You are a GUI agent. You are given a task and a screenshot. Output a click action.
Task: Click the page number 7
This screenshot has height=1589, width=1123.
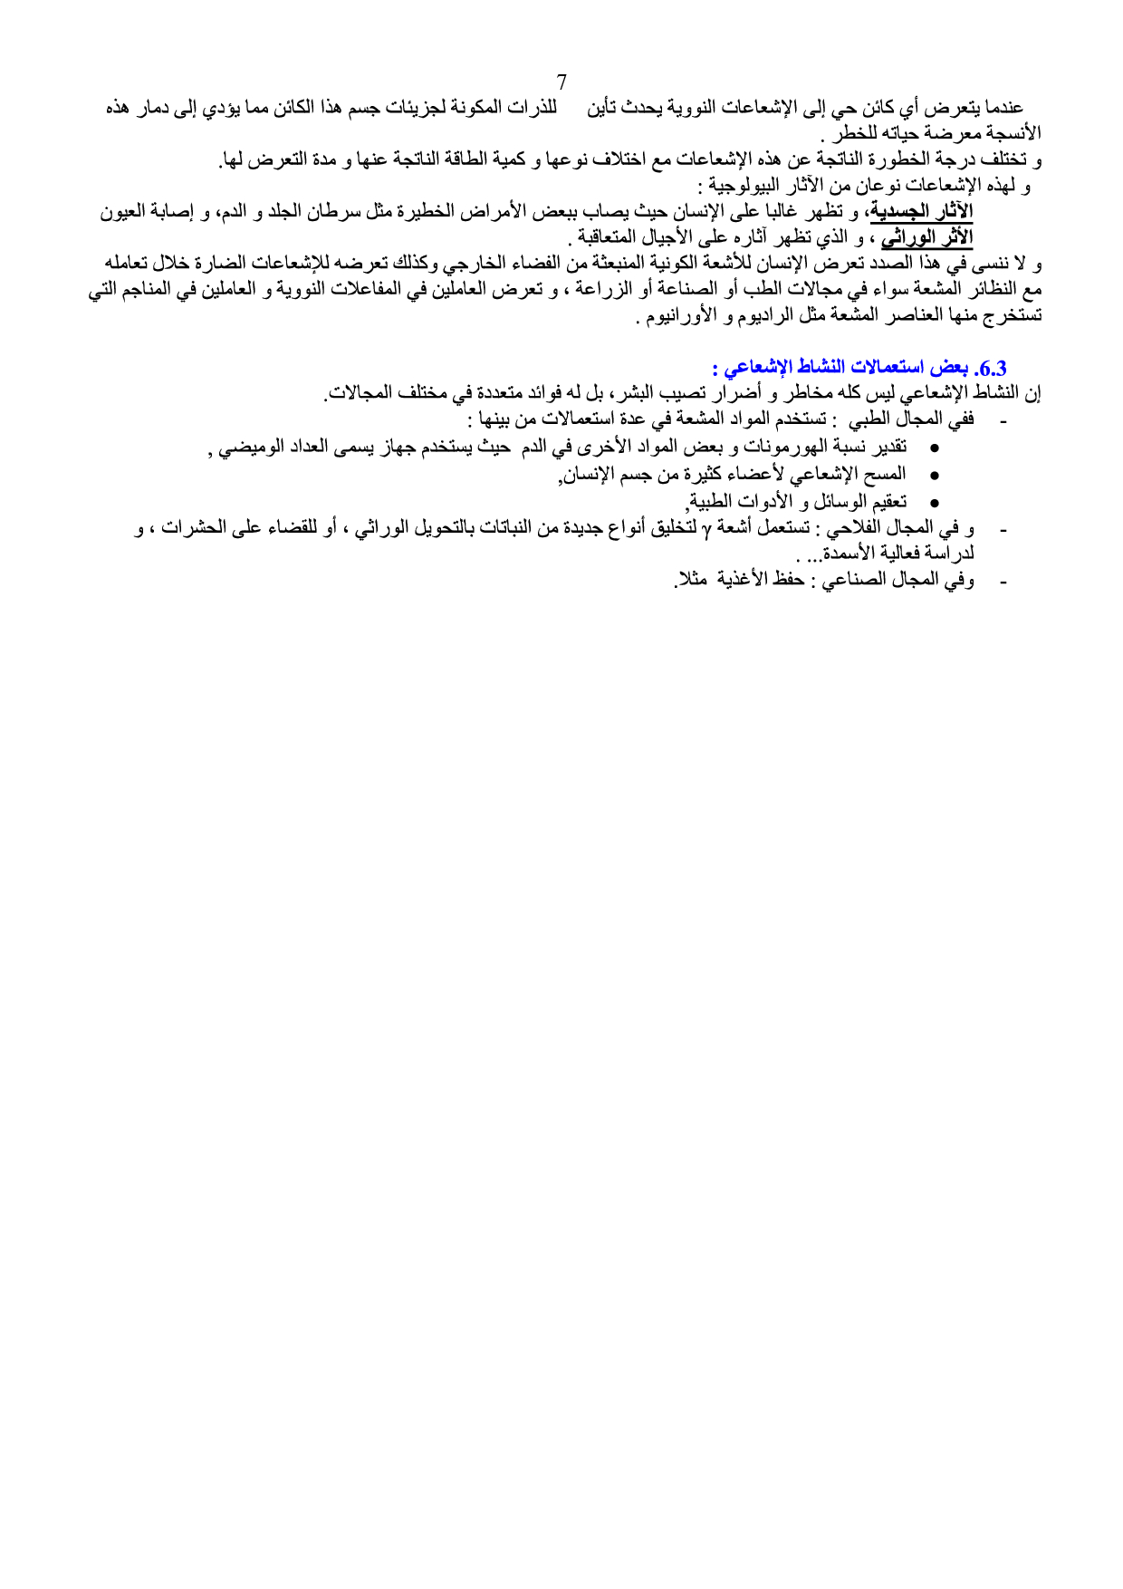561,82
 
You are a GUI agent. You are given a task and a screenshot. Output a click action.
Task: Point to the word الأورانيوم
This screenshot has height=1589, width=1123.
675,317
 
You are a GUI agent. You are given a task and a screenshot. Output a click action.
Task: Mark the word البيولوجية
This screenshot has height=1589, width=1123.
750,187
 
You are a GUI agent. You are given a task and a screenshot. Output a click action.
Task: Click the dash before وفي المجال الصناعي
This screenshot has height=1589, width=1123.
1002,582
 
